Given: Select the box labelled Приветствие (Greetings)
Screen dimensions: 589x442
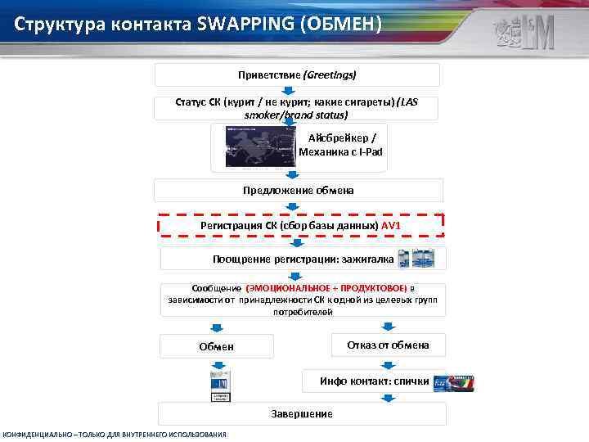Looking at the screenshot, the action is (x=297, y=74).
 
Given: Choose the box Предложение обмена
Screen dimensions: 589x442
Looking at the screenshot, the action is (x=298, y=191).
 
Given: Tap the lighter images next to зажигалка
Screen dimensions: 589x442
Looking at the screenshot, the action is (x=416, y=259).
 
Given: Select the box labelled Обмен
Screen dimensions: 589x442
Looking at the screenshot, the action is (x=216, y=346).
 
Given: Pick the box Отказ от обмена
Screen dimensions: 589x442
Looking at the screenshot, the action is (x=388, y=345).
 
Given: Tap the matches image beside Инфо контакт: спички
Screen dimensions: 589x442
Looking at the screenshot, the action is (x=452, y=382).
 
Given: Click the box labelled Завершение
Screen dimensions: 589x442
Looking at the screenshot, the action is (x=302, y=414).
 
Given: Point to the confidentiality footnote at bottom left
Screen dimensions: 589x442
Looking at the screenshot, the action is (x=115, y=434).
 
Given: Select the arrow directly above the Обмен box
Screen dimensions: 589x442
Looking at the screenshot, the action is (x=216, y=327).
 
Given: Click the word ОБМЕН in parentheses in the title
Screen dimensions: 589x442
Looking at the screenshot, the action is (x=341, y=24).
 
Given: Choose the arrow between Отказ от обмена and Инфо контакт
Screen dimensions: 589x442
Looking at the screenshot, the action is (x=387, y=363).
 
